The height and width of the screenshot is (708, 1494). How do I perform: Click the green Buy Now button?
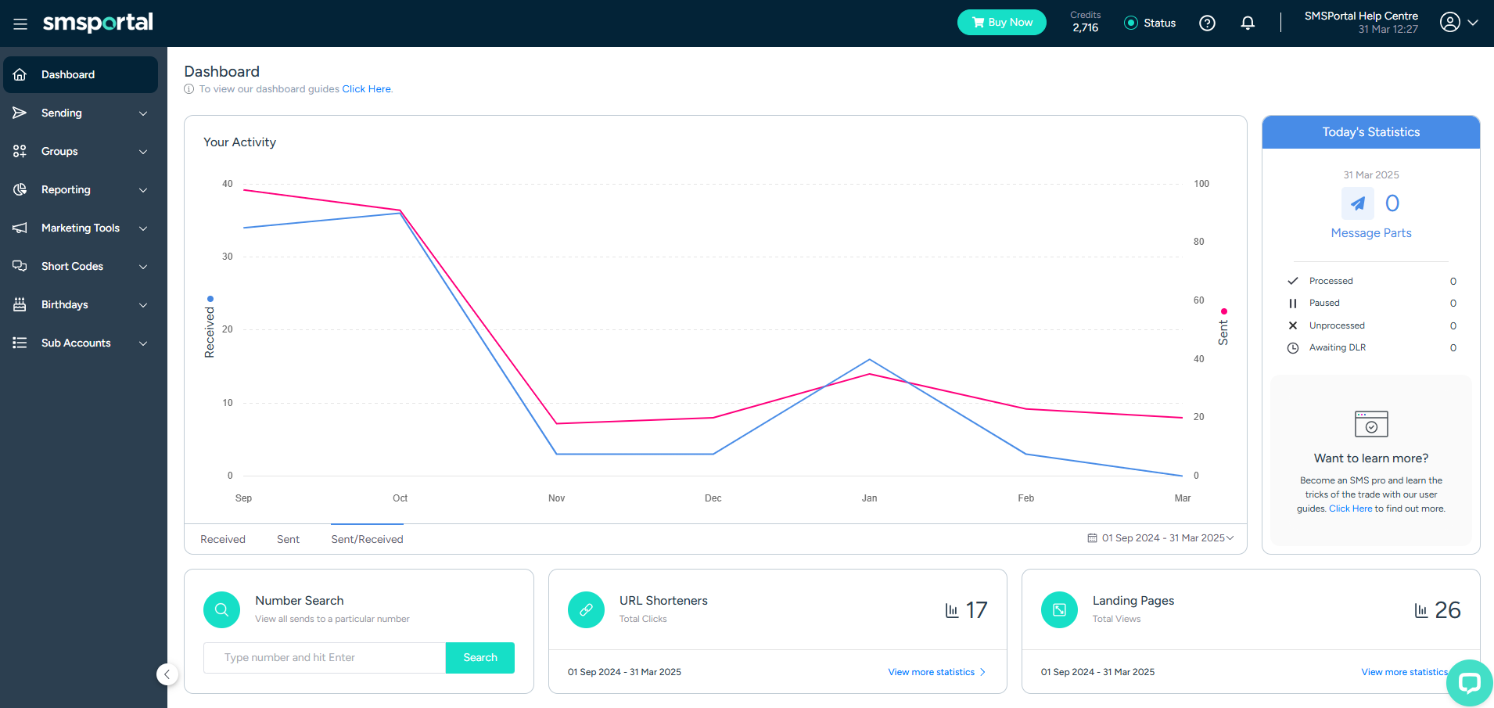click(1001, 23)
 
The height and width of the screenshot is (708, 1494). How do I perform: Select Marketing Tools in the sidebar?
click(80, 228)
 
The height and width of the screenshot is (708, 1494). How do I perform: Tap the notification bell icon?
click(1248, 23)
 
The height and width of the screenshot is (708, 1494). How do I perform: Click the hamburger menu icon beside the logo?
click(20, 23)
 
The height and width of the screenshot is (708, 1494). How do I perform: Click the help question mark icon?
click(1207, 23)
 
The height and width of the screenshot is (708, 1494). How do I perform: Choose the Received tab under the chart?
click(223, 539)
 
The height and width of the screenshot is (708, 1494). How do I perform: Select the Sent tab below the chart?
click(288, 539)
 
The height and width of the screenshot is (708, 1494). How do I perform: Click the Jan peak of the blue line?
click(870, 360)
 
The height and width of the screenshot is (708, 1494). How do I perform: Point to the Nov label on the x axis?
click(556, 498)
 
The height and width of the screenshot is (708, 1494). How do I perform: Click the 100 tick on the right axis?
click(1201, 184)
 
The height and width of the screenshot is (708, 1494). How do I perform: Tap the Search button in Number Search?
click(479, 658)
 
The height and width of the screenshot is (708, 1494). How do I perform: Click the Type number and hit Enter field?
click(325, 658)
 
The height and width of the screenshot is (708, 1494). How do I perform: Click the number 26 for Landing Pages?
click(1447, 610)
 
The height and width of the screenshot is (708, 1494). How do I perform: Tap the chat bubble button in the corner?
click(1469, 683)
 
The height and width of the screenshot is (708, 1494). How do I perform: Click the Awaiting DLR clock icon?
click(1293, 348)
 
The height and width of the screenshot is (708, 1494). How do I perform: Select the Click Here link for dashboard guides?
click(366, 89)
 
